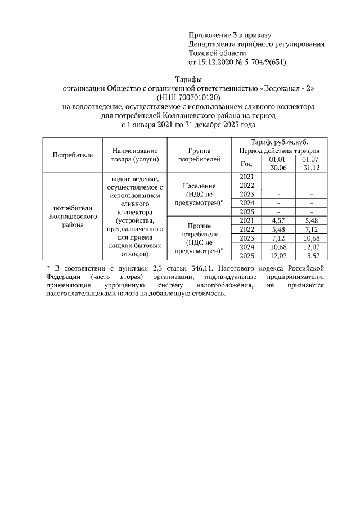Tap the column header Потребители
tap(73, 155)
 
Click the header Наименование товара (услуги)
tap(135, 155)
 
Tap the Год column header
tap(246, 164)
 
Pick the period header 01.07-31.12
tap(310, 164)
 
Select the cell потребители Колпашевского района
tap(73, 216)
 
